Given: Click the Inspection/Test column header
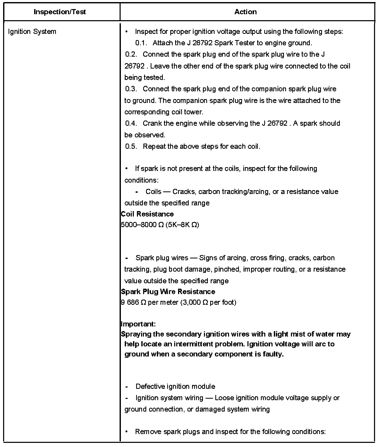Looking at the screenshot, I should (60, 12).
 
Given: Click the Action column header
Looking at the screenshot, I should (245, 12).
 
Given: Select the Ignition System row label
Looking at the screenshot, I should (32, 32).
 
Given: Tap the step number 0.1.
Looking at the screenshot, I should (141, 43).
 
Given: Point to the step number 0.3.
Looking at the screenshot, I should (131, 89).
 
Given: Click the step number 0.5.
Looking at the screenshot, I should (131, 146).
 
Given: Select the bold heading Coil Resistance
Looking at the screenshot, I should (147, 214).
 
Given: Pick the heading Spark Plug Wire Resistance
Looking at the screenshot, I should (168, 292).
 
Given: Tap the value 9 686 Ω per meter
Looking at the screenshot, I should (150, 302).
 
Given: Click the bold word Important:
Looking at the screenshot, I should (138, 324).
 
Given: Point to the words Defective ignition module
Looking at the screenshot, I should (175, 386).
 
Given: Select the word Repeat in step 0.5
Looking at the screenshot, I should (154, 146).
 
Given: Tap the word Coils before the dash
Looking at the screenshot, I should (153, 192).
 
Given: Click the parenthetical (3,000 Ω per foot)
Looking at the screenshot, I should (208, 302).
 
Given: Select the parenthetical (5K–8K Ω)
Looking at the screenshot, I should (182, 225).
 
